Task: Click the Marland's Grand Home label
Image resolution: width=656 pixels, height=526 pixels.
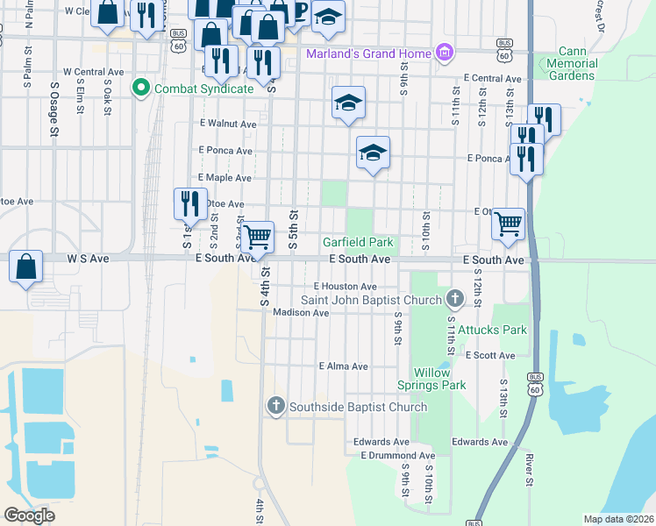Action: point(368,54)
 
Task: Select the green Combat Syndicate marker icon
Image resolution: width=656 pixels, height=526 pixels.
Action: point(139,88)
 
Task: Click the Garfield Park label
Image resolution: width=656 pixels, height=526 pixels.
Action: point(358,242)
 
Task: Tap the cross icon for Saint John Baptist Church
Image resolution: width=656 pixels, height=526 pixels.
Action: point(453,300)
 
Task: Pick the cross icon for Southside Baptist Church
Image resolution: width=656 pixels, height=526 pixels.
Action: point(275,406)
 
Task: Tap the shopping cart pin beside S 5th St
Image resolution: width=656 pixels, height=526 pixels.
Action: point(256,237)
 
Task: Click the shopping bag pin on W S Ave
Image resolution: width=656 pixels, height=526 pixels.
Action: point(26,267)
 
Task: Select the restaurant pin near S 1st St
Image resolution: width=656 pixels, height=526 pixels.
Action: point(189,203)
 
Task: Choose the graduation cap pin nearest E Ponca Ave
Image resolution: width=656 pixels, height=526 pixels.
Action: point(373,153)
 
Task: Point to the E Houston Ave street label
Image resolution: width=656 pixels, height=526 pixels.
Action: point(345,287)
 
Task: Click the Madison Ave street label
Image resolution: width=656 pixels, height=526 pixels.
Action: point(300,312)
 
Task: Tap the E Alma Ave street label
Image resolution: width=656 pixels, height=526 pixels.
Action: point(344,366)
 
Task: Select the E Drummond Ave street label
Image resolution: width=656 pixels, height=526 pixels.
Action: point(397,456)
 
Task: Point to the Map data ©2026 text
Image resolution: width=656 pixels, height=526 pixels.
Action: point(618,519)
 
